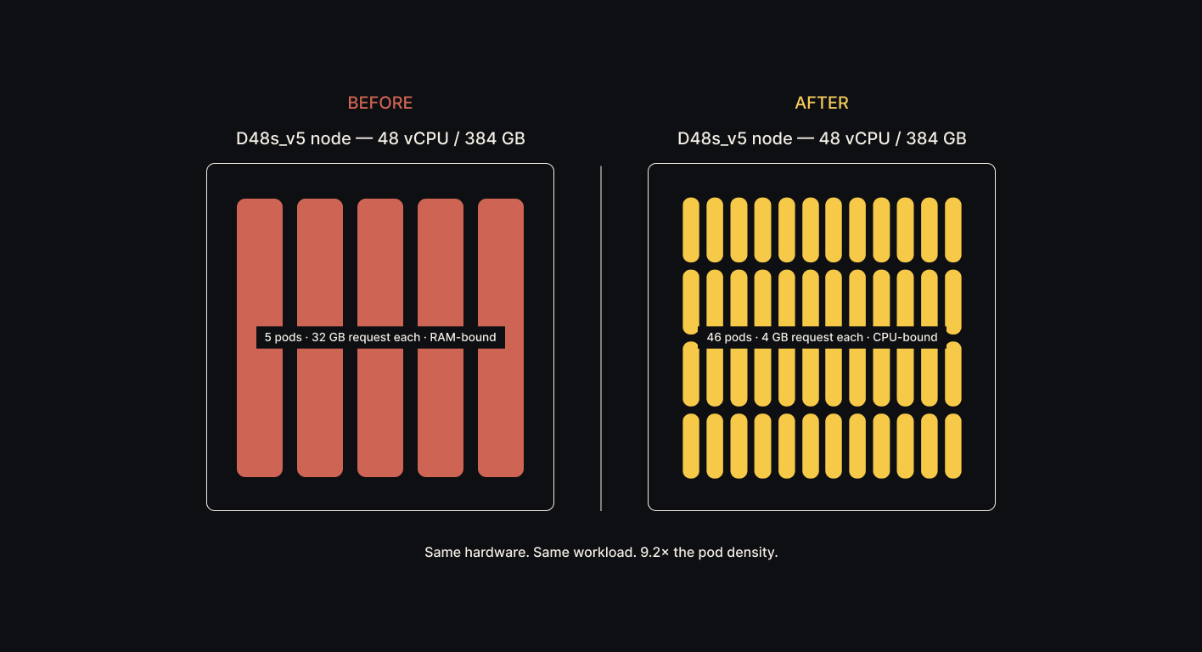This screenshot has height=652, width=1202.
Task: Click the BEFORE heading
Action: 380,103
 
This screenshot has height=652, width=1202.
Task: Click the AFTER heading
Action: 822,103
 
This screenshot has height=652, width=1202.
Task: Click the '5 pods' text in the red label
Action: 283,338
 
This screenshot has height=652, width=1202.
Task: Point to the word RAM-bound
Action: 463,338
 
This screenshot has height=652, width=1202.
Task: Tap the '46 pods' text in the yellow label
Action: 728,338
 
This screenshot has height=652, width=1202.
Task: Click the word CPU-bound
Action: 905,338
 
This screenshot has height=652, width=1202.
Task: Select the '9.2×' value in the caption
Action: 654,553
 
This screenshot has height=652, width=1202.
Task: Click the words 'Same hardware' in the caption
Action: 476,553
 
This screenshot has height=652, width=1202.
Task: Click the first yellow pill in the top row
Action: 691,230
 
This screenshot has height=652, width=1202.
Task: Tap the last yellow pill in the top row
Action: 953,230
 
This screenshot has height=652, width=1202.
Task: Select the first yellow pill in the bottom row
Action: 691,446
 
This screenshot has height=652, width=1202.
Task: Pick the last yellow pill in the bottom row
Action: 953,446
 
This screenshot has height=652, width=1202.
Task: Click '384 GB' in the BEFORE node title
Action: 495,138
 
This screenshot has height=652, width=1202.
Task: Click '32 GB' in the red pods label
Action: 329,338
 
